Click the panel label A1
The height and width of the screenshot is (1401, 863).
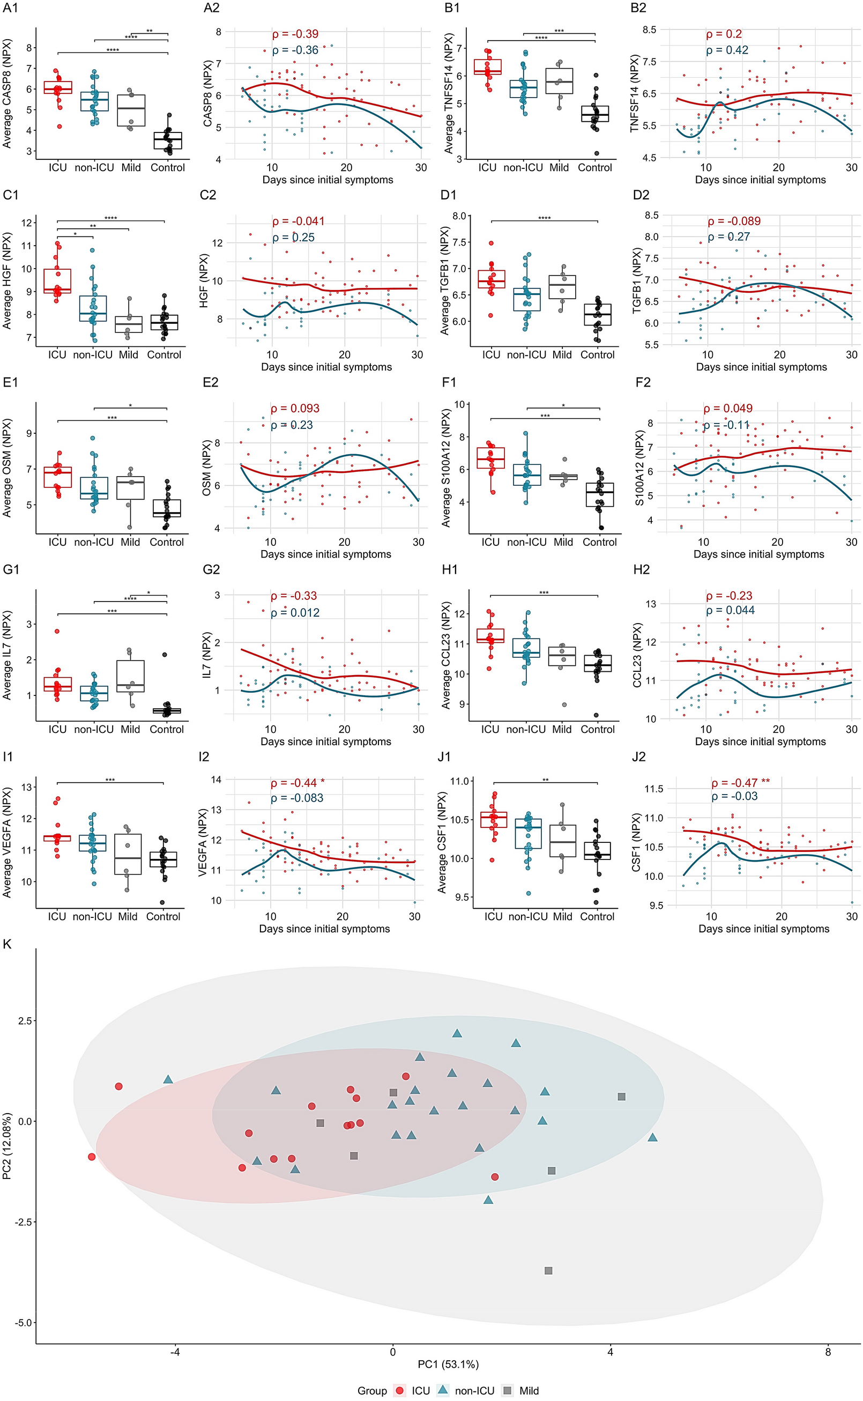(x=10, y=8)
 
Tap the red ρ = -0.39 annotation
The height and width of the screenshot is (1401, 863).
(x=295, y=34)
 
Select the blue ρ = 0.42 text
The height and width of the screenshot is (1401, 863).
(x=727, y=50)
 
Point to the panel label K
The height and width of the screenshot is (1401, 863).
(x=8, y=944)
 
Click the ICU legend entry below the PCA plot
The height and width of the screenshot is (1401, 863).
(x=413, y=1391)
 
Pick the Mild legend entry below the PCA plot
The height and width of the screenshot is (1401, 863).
(x=520, y=1391)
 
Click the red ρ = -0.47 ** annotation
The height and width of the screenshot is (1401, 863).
(x=740, y=783)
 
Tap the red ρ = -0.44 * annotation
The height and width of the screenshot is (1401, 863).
(x=297, y=783)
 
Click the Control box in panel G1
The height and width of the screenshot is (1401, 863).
(x=167, y=711)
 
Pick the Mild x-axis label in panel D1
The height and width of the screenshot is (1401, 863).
(x=562, y=354)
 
